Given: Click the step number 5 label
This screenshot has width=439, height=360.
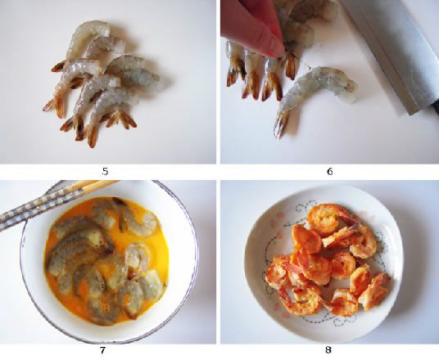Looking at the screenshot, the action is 105,171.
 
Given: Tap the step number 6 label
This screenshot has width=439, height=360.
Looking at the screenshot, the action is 330,171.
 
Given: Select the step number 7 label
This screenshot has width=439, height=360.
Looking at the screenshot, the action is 102,350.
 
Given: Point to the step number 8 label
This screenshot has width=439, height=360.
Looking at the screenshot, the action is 328,349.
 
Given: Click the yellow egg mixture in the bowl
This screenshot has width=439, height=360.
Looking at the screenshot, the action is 108,260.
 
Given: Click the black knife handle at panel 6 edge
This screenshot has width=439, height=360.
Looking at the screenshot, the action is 435,108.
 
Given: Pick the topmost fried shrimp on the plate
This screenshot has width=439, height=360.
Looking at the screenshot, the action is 326,218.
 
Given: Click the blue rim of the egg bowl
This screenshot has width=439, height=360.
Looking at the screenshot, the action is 193,252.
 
